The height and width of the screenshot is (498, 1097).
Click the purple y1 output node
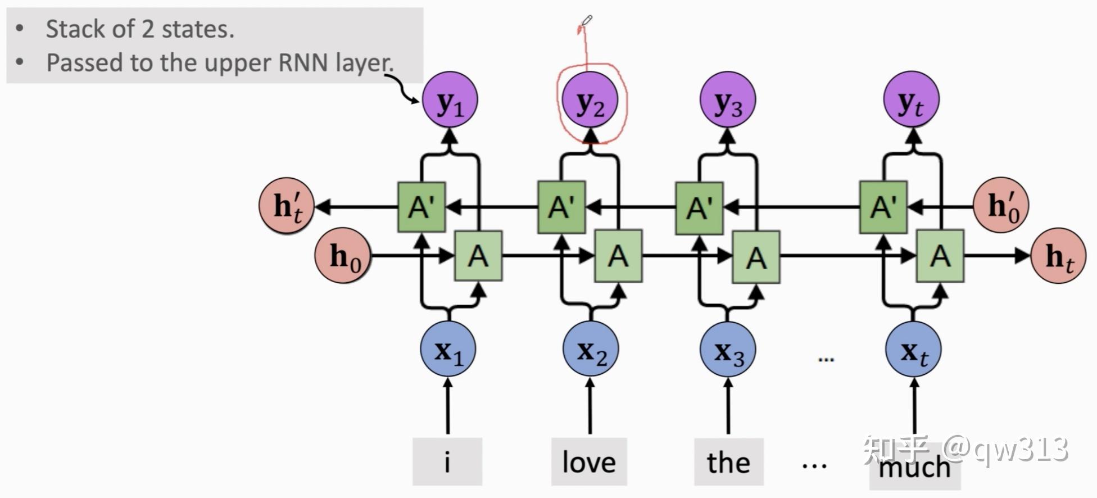450,101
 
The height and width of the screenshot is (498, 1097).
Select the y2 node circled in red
590,101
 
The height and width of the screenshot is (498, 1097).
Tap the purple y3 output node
728,101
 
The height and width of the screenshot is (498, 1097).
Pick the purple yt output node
911,100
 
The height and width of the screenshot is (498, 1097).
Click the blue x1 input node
448,349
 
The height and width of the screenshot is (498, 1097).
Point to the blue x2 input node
591,350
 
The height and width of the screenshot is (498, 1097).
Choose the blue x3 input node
728,350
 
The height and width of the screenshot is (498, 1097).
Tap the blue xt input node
913,350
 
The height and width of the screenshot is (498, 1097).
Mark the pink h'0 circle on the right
1001,206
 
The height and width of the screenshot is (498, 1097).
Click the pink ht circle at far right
1058,256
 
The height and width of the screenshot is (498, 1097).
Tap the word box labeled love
589,462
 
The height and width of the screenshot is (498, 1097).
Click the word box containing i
447,462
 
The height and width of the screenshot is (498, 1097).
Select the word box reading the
728,462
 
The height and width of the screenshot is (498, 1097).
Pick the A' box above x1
421,207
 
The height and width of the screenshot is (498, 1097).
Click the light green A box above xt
940,256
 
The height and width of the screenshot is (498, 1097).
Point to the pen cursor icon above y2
586,22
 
